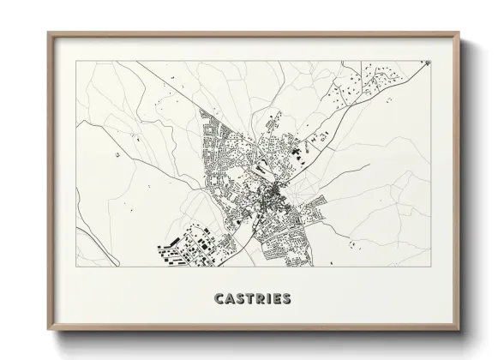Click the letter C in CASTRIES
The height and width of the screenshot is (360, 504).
[x=214, y=299]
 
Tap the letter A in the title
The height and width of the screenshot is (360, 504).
[x=225, y=299]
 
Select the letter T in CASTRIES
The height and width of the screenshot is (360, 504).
[x=247, y=299]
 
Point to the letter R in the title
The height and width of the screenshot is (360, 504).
[x=258, y=299]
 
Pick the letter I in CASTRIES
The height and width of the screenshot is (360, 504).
[x=267, y=299]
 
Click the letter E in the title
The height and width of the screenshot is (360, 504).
[x=276, y=299]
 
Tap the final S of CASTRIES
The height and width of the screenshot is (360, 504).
[x=287, y=299]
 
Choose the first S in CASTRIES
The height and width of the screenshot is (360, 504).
[x=237, y=299]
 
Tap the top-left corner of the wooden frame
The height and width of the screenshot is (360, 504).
[x=48, y=33]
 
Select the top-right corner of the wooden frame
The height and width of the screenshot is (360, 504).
[x=458, y=33]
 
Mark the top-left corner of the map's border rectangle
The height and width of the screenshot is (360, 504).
[x=75, y=60]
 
